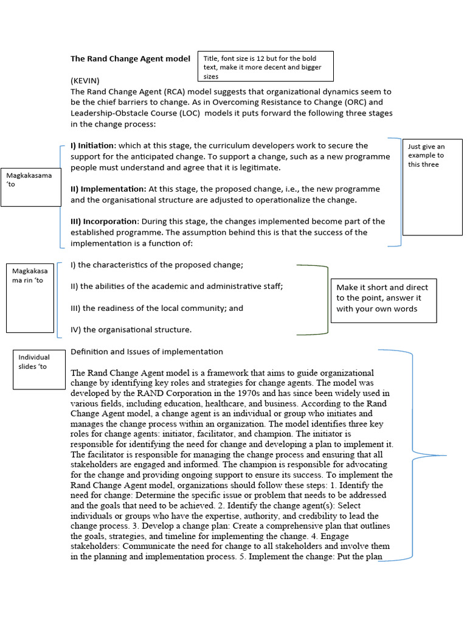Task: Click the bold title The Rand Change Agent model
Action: click(131, 59)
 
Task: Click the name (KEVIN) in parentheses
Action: click(85, 80)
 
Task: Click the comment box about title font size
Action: click(265, 67)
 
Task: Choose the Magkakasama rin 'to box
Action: click(30, 298)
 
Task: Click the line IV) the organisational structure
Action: click(131, 330)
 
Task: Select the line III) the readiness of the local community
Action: click(157, 308)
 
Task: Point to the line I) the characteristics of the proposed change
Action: click(157, 265)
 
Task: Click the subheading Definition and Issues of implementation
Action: click(147, 352)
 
